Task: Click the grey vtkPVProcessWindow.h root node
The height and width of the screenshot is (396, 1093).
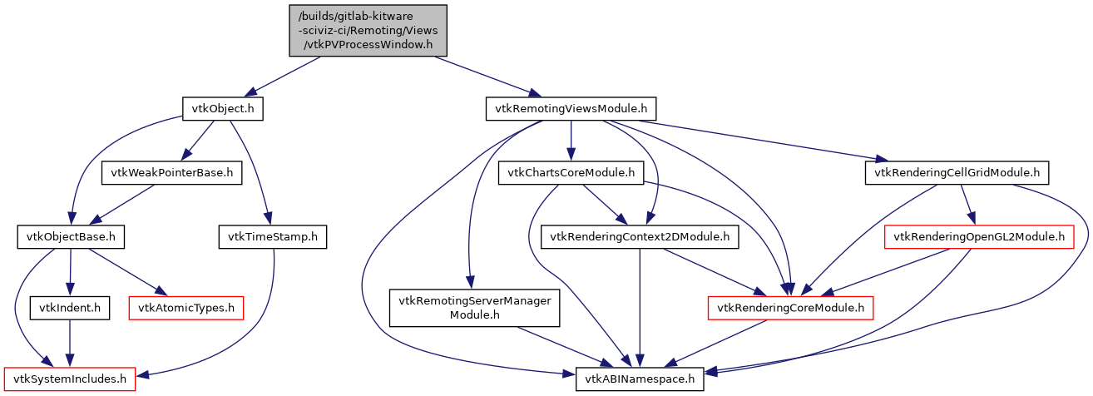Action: point(368,31)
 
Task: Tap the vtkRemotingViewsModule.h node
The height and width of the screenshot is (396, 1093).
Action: point(571,109)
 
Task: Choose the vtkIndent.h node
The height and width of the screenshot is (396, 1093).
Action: point(70,309)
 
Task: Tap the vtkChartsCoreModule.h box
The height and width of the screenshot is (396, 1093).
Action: point(571,173)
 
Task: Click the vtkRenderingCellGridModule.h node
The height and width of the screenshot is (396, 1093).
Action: point(957,173)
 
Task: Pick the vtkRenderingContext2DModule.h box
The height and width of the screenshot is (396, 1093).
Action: point(640,238)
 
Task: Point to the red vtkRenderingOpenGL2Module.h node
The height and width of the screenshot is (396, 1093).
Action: point(978,238)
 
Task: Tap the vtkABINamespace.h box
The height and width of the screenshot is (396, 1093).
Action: point(640,380)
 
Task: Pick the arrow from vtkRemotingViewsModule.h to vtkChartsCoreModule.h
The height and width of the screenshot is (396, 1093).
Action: point(571,141)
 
